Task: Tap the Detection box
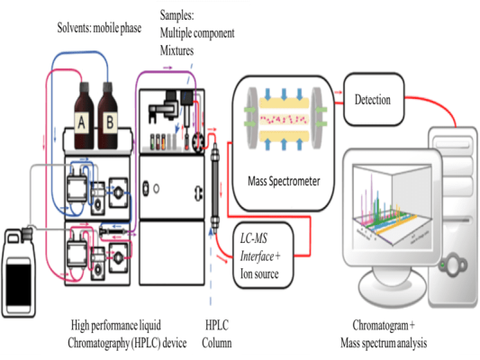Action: click(x=372, y=99)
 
